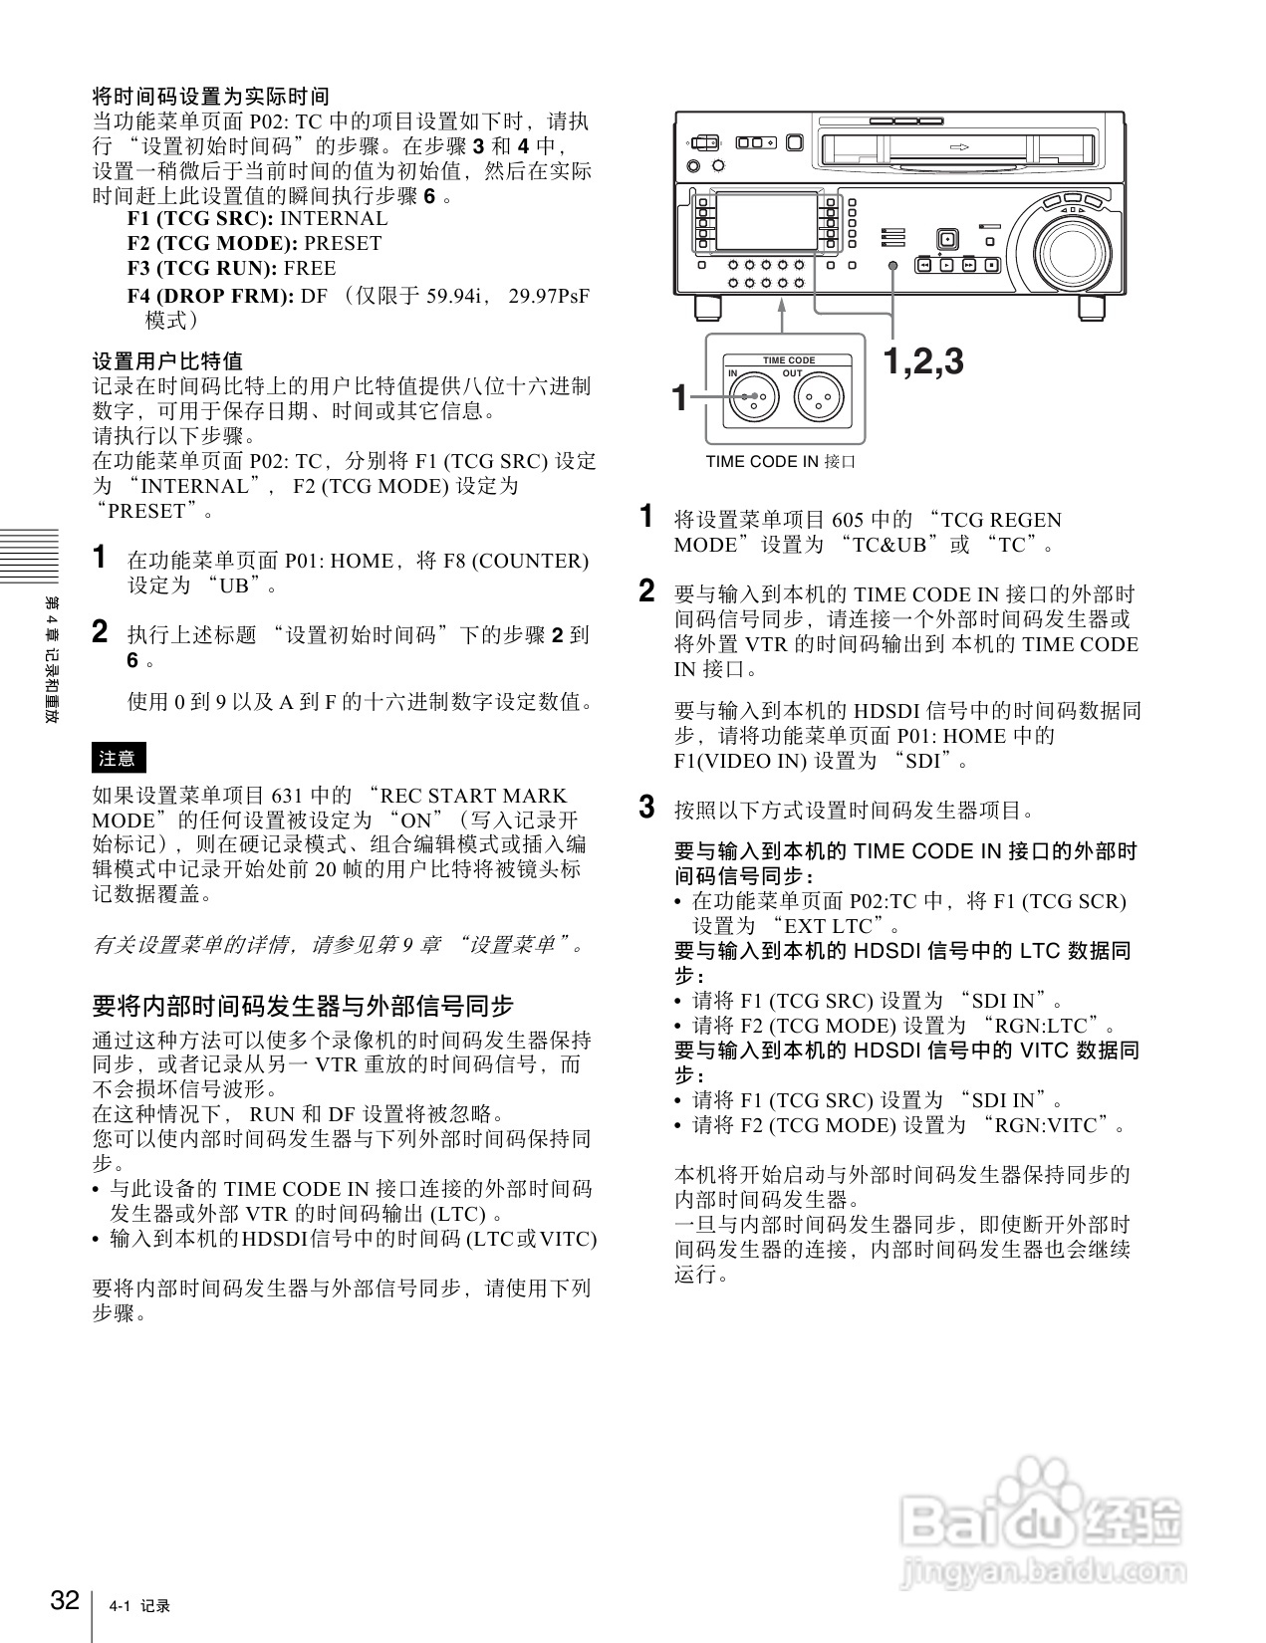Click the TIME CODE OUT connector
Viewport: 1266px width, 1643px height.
pos(820,398)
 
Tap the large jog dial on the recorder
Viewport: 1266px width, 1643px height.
pos(1072,247)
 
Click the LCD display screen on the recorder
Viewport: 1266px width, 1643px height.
pos(765,223)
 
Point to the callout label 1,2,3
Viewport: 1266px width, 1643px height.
pos(923,361)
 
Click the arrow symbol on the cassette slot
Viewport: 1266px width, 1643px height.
pos(959,147)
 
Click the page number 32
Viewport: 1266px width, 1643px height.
pos(65,1600)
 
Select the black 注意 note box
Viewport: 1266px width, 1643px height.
pos(119,758)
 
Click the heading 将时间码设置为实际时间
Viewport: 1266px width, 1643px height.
pos(210,97)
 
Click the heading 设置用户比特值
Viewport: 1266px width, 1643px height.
pos(167,360)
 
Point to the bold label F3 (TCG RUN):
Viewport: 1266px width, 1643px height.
pos(202,268)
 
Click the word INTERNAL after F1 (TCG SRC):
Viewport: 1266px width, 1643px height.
pos(334,218)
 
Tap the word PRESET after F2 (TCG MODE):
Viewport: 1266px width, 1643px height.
pos(343,243)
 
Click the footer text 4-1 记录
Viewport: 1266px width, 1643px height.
pos(140,1606)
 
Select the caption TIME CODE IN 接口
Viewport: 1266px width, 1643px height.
pos(780,462)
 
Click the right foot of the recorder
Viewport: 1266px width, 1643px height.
pos(1093,308)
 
